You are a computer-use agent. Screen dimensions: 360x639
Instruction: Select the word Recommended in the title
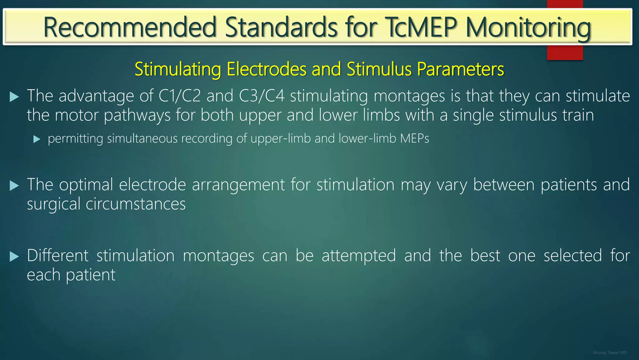point(130,27)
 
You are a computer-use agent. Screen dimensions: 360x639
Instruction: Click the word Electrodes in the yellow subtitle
point(266,69)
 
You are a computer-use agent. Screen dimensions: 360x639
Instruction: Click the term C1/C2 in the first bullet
point(179,96)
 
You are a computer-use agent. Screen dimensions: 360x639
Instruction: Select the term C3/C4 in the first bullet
point(262,96)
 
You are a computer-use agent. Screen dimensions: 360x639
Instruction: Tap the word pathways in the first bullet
point(137,115)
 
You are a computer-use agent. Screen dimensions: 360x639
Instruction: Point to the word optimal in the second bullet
point(86,185)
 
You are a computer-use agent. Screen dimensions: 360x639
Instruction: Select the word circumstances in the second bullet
point(135,204)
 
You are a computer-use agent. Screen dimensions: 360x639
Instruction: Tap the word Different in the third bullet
point(58,256)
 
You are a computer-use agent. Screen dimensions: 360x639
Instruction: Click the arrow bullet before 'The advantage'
point(14,97)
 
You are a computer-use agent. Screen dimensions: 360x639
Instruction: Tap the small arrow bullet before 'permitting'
point(37,139)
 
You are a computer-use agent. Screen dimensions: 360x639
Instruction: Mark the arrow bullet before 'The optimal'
point(14,186)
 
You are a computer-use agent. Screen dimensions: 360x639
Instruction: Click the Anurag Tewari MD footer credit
point(610,352)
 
